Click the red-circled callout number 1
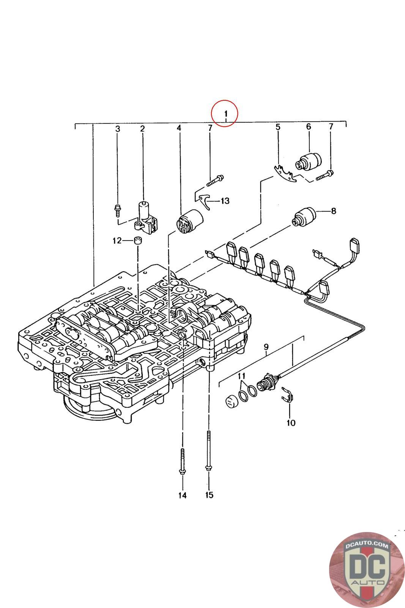tap(225, 113)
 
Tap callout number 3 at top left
tap(118, 129)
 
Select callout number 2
tap(142, 129)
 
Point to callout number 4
tap(179, 128)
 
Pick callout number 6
tap(308, 127)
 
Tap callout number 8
tap(334, 211)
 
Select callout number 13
tap(225, 201)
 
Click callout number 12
tap(117, 241)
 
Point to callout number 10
tap(291, 423)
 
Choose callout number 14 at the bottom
tap(183, 495)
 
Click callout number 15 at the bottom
tap(209, 495)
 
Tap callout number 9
tap(266, 347)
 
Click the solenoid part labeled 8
tap(303, 217)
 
